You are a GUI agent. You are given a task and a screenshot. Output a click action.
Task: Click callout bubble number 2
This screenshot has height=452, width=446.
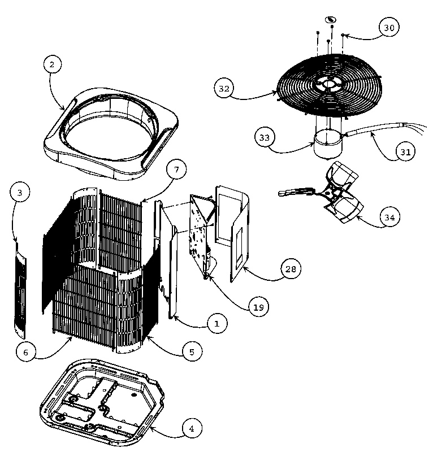[53, 64]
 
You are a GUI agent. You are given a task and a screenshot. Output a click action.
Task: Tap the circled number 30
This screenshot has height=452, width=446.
[389, 28]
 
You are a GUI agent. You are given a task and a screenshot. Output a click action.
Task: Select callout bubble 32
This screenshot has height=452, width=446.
[224, 88]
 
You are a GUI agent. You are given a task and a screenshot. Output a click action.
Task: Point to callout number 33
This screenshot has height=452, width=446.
[265, 137]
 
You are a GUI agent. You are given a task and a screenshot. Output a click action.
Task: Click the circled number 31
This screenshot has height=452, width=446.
[405, 151]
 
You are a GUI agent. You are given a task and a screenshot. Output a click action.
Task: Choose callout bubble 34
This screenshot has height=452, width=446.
[389, 217]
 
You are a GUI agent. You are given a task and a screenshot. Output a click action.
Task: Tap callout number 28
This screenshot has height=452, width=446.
[291, 269]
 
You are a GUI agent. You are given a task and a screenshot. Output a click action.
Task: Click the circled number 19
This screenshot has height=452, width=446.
[259, 307]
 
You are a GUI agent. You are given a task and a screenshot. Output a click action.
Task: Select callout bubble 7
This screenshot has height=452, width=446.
[176, 169]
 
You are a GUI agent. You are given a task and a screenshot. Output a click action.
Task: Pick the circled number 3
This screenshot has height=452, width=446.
[20, 192]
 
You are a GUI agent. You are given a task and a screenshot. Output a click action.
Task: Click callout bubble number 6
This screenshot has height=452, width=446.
[26, 352]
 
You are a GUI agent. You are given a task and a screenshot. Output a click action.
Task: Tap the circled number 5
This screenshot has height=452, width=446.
[192, 351]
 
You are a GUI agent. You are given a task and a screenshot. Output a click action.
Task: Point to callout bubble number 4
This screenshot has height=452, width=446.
[192, 428]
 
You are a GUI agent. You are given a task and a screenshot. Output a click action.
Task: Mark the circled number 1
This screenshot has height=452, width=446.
[217, 323]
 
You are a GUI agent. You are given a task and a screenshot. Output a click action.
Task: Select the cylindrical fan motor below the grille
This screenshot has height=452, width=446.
[328, 144]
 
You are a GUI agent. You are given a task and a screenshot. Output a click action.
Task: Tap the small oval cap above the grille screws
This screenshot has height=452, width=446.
[330, 20]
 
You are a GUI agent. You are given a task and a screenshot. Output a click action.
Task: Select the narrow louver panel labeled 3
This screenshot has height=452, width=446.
[20, 290]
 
